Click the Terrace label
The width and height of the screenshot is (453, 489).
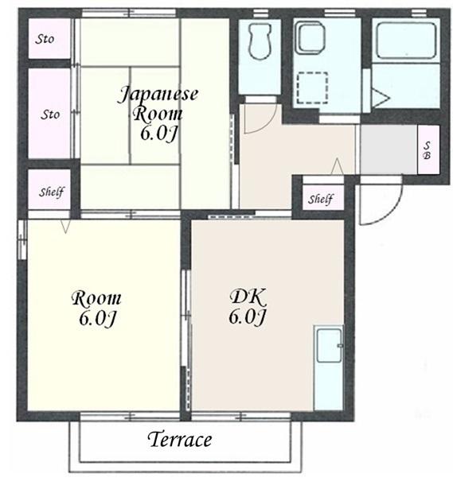(x=179, y=439)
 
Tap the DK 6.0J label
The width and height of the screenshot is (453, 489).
(x=248, y=307)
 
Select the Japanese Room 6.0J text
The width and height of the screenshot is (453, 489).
(x=158, y=114)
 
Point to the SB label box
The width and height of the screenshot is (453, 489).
(x=428, y=149)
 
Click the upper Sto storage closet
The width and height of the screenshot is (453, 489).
(x=49, y=38)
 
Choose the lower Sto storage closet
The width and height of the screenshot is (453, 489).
(x=49, y=113)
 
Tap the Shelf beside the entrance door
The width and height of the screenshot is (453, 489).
(x=323, y=198)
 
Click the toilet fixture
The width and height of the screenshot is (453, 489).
(x=259, y=41)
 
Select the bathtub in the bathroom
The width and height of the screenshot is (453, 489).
(x=406, y=41)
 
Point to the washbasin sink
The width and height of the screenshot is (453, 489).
(x=310, y=37)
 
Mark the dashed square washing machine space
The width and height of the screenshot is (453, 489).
(x=312, y=87)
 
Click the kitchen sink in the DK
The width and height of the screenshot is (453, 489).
(x=329, y=346)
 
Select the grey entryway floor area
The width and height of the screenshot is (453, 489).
(x=389, y=149)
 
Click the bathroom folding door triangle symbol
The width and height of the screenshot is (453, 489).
(x=380, y=98)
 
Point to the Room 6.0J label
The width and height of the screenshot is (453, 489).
(x=97, y=308)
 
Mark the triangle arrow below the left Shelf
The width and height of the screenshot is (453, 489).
(x=65, y=227)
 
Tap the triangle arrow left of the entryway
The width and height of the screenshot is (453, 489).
(x=338, y=166)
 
